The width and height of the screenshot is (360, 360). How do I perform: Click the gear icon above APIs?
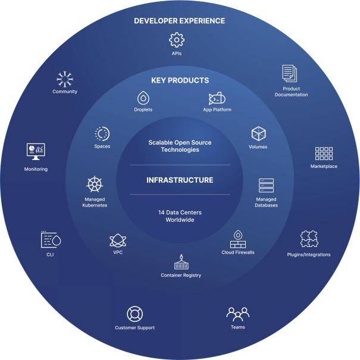(x=177, y=40)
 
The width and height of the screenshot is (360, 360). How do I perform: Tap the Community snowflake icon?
(x=65, y=79)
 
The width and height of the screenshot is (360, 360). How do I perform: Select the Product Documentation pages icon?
(x=290, y=73)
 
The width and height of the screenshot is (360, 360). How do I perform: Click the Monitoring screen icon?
(x=36, y=152)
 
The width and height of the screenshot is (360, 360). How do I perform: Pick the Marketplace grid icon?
(x=324, y=154)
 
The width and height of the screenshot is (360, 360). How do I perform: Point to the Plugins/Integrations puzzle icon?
(x=309, y=239)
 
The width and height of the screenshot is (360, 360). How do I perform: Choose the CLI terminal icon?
(x=51, y=239)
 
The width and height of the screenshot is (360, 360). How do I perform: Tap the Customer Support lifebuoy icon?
(x=134, y=314)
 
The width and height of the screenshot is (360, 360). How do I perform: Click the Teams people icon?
(x=238, y=314)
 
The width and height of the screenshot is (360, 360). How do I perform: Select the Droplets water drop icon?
(x=143, y=98)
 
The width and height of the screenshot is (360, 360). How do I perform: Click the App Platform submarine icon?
(x=217, y=98)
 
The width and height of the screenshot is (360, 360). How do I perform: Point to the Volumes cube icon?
(x=258, y=133)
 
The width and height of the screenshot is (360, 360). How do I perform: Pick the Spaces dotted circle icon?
(x=102, y=134)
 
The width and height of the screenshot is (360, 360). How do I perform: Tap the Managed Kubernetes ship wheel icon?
(x=95, y=184)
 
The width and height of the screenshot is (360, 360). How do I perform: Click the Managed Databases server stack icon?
(x=267, y=186)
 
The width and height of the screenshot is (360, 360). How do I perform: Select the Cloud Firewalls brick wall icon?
(x=238, y=239)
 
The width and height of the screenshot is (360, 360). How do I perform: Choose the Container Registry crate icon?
(x=181, y=262)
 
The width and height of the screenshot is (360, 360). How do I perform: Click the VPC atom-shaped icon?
(x=118, y=240)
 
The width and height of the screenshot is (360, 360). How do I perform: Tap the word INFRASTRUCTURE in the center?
(x=180, y=180)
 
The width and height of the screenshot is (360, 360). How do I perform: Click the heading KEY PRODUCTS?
(x=180, y=80)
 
